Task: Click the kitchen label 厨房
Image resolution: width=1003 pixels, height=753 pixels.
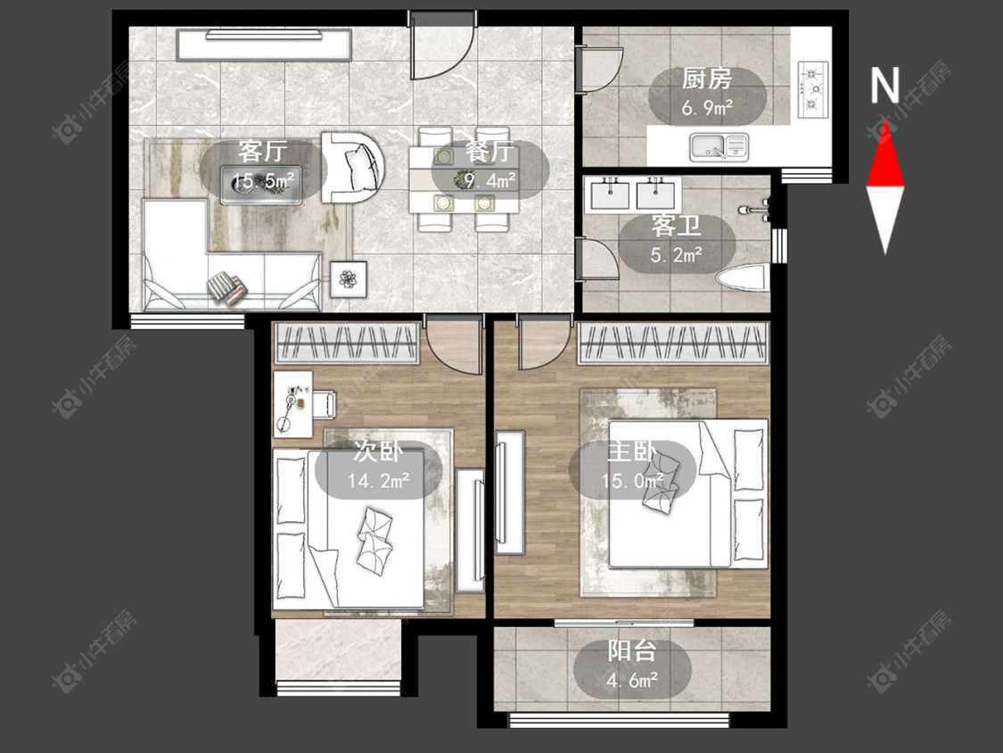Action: [x=706, y=79]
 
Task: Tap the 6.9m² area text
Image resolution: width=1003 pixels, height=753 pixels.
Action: [x=707, y=108]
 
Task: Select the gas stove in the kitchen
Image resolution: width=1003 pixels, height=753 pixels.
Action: [x=813, y=89]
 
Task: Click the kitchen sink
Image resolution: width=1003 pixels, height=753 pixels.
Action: [x=719, y=146]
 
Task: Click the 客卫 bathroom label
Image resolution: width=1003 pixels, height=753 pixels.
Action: [x=676, y=226]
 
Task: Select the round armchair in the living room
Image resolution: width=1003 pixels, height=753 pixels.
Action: [x=352, y=167]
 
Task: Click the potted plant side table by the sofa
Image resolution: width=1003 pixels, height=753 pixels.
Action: [x=349, y=279]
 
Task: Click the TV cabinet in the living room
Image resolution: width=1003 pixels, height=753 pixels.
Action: [x=264, y=45]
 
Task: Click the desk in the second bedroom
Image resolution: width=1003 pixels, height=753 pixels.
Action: [x=293, y=405]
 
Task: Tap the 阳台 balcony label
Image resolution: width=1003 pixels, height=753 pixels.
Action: [x=632, y=651]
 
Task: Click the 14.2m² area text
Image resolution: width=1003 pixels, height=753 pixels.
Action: [x=379, y=480]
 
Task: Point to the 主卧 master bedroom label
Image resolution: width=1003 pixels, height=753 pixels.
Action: [x=632, y=451]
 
